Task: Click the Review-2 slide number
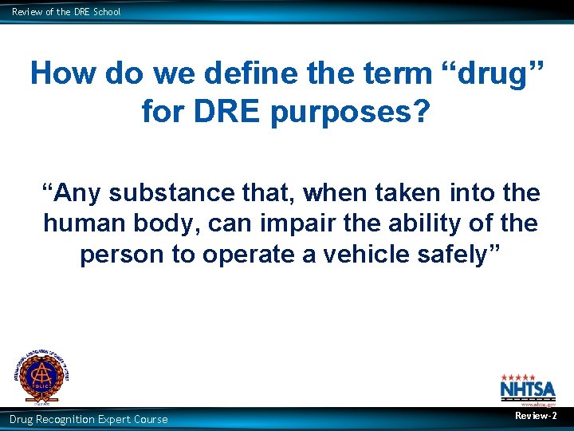tap(536, 416)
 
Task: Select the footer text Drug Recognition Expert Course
tap(88, 419)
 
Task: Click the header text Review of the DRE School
tap(66, 12)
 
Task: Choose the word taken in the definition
tap(385, 193)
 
